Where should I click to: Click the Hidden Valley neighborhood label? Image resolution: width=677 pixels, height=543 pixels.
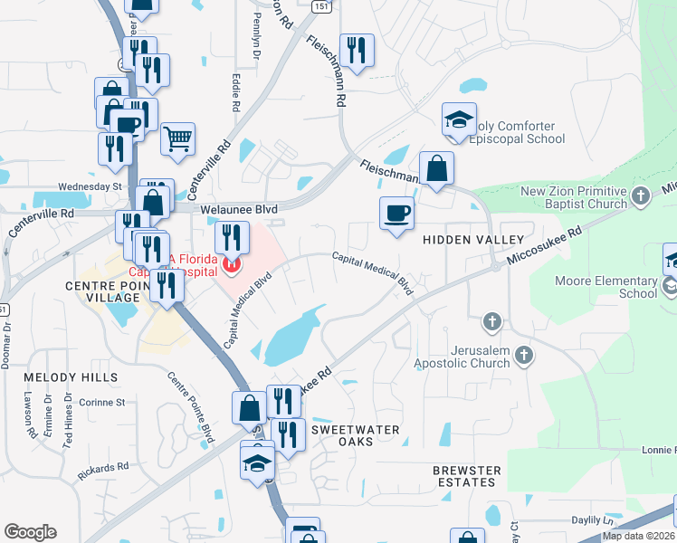click(473, 239)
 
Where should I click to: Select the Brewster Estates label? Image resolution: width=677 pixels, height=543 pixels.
click(466, 476)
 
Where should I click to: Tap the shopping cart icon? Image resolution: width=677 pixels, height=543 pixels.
click(178, 138)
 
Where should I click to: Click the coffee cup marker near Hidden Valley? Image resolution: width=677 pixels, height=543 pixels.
click(396, 214)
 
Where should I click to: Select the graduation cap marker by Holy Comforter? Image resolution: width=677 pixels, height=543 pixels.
click(459, 119)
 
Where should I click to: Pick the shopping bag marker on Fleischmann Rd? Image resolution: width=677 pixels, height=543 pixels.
click(436, 168)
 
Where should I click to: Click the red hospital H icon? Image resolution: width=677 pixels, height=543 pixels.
click(231, 265)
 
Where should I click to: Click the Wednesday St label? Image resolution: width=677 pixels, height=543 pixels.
click(90, 186)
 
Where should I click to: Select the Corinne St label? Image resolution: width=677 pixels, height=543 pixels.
click(101, 402)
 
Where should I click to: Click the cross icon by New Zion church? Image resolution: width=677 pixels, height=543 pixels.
click(641, 195)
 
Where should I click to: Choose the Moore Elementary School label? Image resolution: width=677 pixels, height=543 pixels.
click(615, 287)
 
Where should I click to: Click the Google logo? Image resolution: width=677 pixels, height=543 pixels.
click(30, 532)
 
